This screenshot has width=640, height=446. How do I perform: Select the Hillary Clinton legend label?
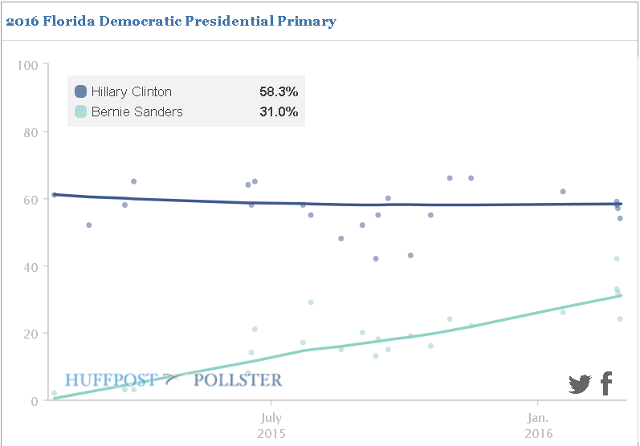tap(131, 91)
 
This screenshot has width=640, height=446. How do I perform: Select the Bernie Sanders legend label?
tap(137, 111)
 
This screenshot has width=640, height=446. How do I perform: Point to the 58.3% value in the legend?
tap(279, 91)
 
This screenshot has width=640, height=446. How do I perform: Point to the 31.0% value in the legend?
tap(279, 111)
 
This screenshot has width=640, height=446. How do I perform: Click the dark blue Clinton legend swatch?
tap(80, 91)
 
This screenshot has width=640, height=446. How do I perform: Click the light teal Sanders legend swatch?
tap(80, 111)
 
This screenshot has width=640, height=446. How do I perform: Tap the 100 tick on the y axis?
tap(28, 64)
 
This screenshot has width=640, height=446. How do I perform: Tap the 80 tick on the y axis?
tap(31, 132)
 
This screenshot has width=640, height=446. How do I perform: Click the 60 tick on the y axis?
tap(31, 199)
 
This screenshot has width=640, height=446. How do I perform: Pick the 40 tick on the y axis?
tap(31, 266)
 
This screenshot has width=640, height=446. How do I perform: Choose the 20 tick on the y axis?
tap(31, 334)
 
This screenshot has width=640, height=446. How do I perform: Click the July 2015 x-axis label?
tap(271, 424)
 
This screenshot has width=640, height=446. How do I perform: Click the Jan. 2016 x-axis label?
tap(537, 424)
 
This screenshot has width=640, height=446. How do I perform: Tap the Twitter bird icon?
tap(580, 384)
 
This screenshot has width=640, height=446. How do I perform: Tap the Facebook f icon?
tap(606, 383)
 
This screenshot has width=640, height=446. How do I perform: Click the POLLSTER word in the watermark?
tap(238, 379)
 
